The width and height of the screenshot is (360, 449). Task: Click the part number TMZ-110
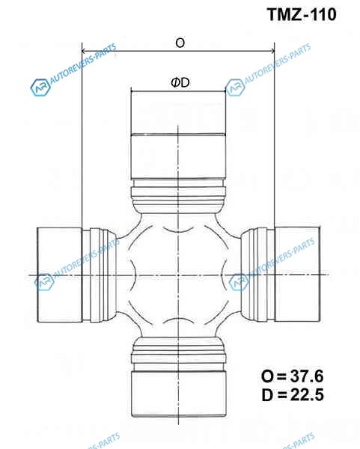tap(302, 14)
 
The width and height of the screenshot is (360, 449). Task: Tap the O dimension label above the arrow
tap(180, 43)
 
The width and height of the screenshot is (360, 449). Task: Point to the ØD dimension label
tap(180, 83)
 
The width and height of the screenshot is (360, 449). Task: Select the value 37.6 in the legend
tap(307, 376)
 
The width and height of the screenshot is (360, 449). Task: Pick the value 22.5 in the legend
tap(307, 394)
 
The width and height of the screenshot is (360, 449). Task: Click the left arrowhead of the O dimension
tap(85, 51)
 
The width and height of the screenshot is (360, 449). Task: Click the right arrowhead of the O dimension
tap(272, 51)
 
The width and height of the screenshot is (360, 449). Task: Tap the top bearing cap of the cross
tap(178, 135)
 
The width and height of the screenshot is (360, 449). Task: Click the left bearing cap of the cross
tap(60, 275)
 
